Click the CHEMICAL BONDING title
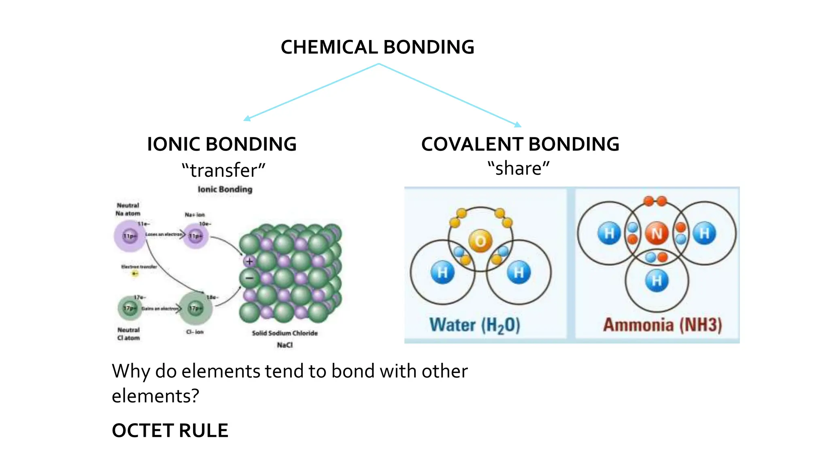[x=377, y=47]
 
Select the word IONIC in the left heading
[x=174, y=144]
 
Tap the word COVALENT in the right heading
[x=472, y=144]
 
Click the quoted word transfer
[x=223, y=170]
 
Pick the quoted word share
[x=519, y=168]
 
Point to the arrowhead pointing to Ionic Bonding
[x=247, y=118]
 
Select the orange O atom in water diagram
[x=480, y=241]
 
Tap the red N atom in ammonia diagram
[x=656, y=233]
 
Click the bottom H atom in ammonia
[x=657, y=280]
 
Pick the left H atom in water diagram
[x=442, y=272]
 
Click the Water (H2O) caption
[x=474, y=325]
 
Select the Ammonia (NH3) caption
[x=662, y=325]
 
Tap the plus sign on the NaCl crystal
[x=249, y=261]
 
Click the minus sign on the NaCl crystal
[x=249, y=278]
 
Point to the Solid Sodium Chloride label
[x=285, y=333]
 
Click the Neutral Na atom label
[x=128, y=210]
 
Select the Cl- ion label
[x=195, y=332]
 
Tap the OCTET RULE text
[x=170, y=430]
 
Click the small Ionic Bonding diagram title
[x=225, y=189]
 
